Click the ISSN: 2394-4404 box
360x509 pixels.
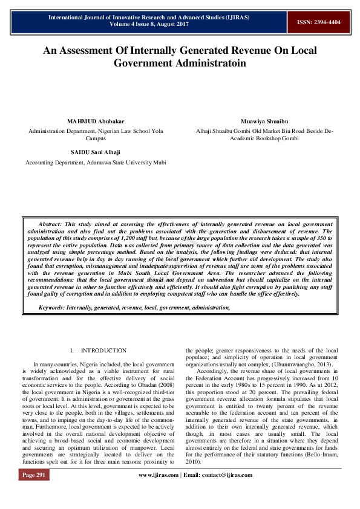(x=318, y=22)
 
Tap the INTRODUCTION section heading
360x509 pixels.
(x=103, y=350)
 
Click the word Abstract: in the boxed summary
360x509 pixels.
(x=53, y=224)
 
